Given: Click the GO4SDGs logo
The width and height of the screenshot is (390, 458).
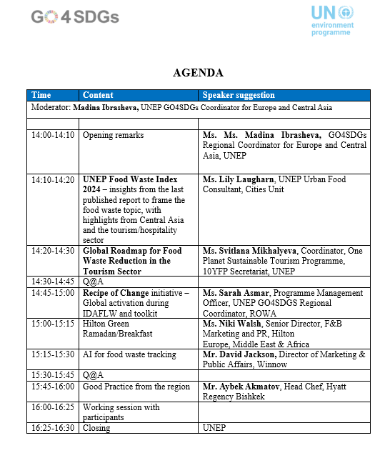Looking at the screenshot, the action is click(75, 16).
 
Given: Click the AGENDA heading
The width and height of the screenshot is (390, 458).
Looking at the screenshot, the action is click(198, 73).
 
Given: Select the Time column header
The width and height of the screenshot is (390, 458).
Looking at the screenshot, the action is click(41, 95).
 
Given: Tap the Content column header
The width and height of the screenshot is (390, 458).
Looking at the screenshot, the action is click(98, 95).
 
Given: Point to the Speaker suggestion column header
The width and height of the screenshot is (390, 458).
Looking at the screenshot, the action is click(239, 95).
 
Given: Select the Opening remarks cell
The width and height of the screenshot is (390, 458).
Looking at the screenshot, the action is click(113, 135).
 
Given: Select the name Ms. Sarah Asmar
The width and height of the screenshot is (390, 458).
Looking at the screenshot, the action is click(233, 293).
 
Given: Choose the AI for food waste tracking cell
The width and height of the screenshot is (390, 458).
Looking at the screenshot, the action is click(129, 354).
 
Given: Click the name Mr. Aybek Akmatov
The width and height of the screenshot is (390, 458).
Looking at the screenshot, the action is click(237, 387).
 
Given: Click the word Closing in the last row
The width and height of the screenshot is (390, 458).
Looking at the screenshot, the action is click(96, 428).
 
